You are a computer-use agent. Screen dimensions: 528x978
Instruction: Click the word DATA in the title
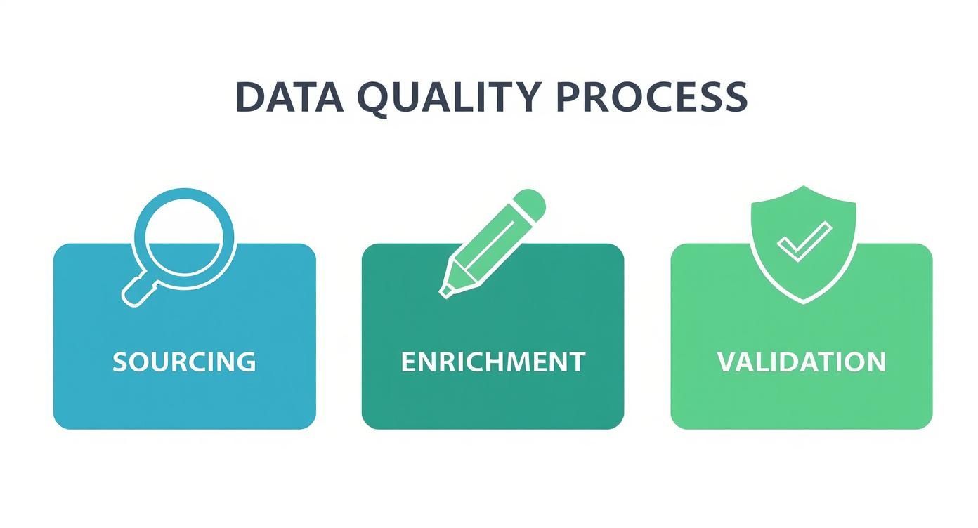pos(289,97)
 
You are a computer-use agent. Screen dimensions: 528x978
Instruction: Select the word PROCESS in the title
pos(651,97)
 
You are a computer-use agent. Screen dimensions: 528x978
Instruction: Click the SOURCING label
pos(184,362)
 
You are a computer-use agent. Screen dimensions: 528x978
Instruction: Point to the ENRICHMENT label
pos(493,362)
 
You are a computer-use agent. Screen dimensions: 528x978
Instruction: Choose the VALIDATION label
pos(802,362)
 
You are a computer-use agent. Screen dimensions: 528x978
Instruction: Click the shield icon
pos(804,267)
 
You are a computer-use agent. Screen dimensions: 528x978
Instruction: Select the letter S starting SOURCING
pos(121,362)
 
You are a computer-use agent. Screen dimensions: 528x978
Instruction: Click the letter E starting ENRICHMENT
pos(407,362)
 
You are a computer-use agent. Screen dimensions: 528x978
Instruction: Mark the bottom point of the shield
pos(804,301)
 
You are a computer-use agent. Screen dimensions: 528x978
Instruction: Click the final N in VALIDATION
pos(875,362)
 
